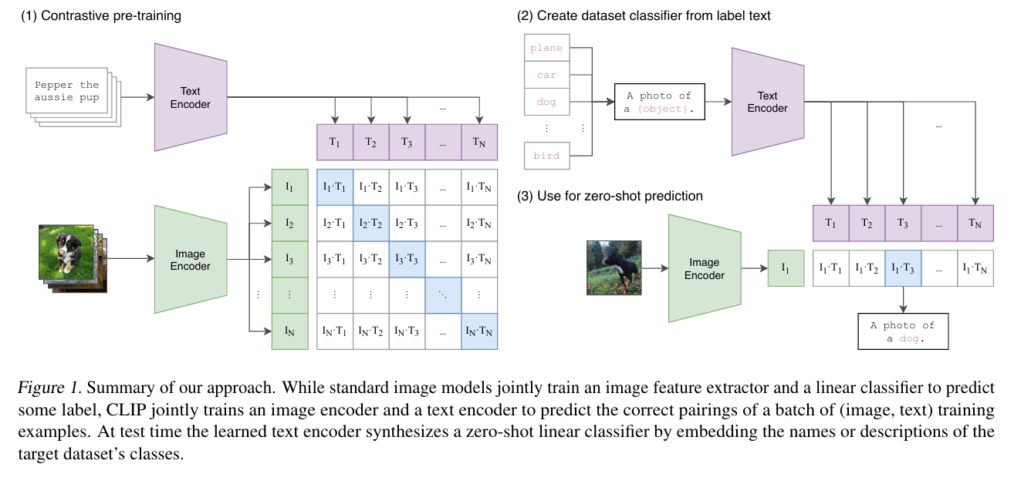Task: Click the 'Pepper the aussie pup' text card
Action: tap(68, 92)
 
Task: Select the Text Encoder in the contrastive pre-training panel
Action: tap(191, 97)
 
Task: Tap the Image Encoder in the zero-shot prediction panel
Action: tap(704, 268)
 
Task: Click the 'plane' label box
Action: tap(546, 48)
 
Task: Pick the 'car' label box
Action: tap(546, 75)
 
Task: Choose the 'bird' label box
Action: tap(546, 156)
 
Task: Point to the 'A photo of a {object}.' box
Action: tap(659, 102)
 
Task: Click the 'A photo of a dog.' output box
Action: tap(902, 331)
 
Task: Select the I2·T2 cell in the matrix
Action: tap(371, 224)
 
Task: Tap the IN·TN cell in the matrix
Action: tap(479, 331)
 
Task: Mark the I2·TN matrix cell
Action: tap(479, 224)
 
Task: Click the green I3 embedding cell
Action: tap(289, 260)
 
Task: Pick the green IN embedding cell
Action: tap(289, 331)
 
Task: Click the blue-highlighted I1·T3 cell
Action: tap(903, 268)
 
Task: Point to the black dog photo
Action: tap(614, 267)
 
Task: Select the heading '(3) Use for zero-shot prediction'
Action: tap(610, 196)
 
